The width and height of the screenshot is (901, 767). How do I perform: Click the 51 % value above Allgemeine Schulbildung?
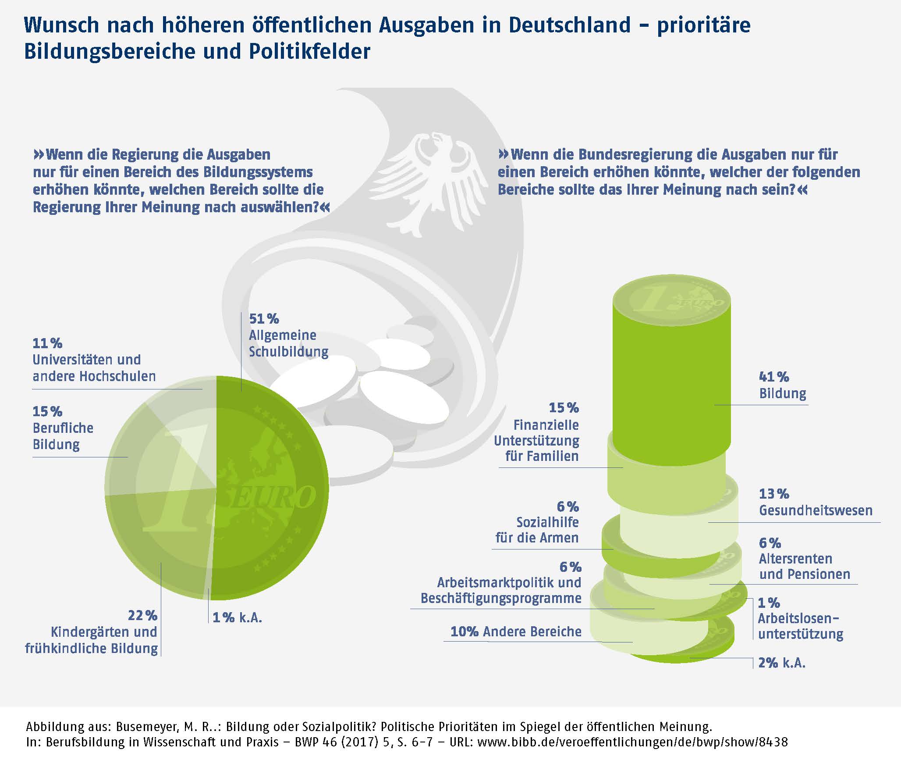click(x=264, y=319)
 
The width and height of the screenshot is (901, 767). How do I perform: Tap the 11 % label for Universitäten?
click(x=47, y=343)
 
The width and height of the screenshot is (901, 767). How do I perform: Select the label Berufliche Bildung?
click(x=63, y=436)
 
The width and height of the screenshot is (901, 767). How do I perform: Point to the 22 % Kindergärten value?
click(x=142, y=616)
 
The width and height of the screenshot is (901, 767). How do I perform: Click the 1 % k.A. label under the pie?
click(x=237, y=618)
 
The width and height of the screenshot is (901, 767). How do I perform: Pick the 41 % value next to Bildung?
click(x=774, y=377)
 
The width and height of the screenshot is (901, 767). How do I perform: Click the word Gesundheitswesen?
click(x=816, y=510)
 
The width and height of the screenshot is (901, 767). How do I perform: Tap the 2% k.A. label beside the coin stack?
click(x=782, y=663)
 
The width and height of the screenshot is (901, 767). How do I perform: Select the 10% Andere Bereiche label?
click(x=516, y=631)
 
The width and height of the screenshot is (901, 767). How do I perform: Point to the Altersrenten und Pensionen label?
click(x=805, y=567)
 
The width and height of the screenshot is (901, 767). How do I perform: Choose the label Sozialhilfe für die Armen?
click(x=537, y=530)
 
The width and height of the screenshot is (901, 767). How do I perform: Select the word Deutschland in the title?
click(x=569, y=25)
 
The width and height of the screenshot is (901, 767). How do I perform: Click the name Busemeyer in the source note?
click(x=147, y=727)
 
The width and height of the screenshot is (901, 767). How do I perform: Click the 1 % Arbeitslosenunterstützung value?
click(x=769, y=603)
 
